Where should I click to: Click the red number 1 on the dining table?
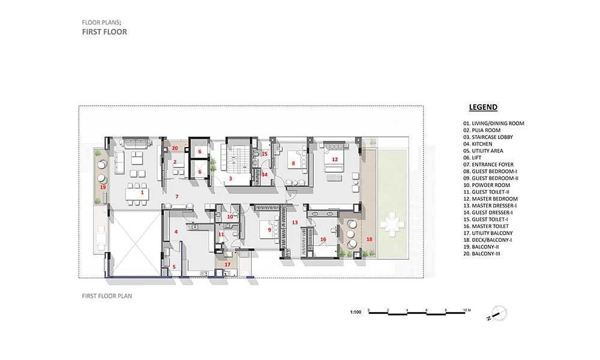[x=142, y=193]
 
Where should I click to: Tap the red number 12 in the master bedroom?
[x=335, y=160]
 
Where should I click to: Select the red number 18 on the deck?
[x=369, y=239]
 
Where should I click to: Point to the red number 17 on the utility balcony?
[x=227, y=265]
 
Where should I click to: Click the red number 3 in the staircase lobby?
[x=230, y=179]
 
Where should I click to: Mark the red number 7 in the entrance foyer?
[x=177, y=197]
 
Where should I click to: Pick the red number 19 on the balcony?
[x=103, y=187]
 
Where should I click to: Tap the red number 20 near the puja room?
[x=175, y=148]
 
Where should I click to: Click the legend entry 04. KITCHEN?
[x=478, y=144]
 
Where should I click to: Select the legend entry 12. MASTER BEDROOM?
[x=490, y=199]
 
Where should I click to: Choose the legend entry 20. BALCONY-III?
[x=481, y=254]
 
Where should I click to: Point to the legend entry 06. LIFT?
[x=472, y=158]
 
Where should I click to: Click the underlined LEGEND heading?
[x=483, y=107]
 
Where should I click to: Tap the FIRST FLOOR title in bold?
[x=104, y=32]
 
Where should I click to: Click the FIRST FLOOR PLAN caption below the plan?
[x=107, y=296]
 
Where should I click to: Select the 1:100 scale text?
[x=355, y=312]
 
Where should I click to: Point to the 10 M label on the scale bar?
[x=467, y=310]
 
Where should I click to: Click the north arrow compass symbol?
[x=497, y=314]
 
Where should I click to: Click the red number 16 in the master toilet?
[x=323, y=239]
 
